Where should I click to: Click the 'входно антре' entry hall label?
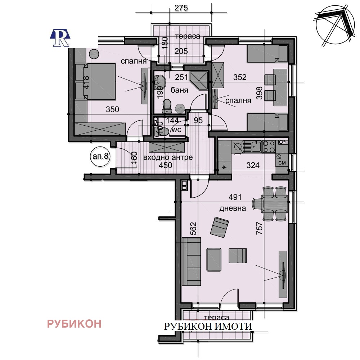click(x=168, y=157)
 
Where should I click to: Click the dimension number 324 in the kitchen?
click(x=253, y=166)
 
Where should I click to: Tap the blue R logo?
click(x=60, y=37)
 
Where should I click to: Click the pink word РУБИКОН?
click(x=74, y=324)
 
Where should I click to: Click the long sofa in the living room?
click(x=191, y=261)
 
